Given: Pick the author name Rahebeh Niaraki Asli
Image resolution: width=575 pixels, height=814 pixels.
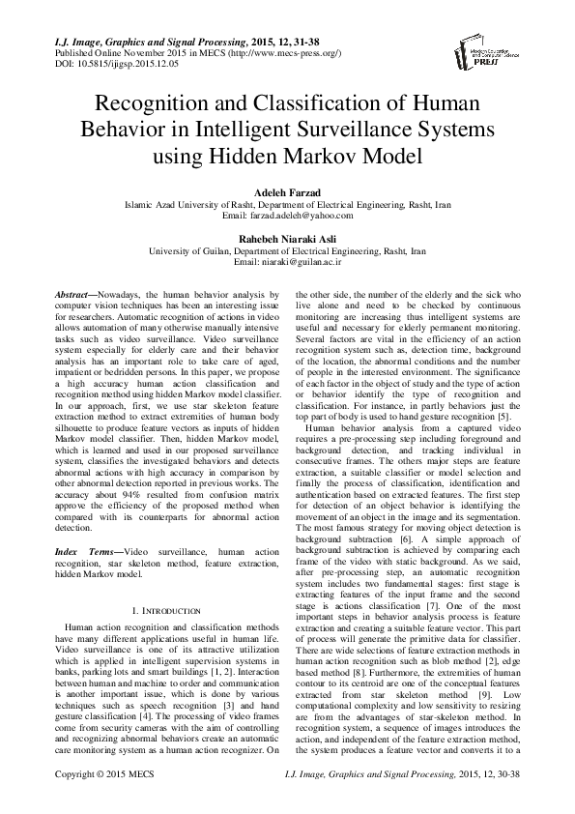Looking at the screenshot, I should tap(287, 237).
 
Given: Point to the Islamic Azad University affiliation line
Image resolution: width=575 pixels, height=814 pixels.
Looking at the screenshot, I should tap(287, 204).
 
